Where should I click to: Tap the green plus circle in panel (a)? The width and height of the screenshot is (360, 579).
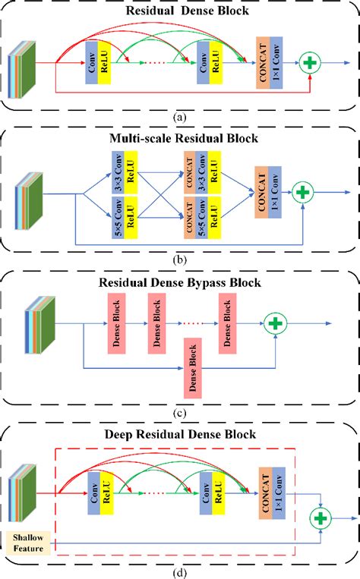pos(310,64)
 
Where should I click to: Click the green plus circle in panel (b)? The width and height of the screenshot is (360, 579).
pos(304,193)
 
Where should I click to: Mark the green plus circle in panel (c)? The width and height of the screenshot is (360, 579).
pos(275,325)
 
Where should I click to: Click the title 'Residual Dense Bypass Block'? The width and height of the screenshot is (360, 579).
pos(180,283)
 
